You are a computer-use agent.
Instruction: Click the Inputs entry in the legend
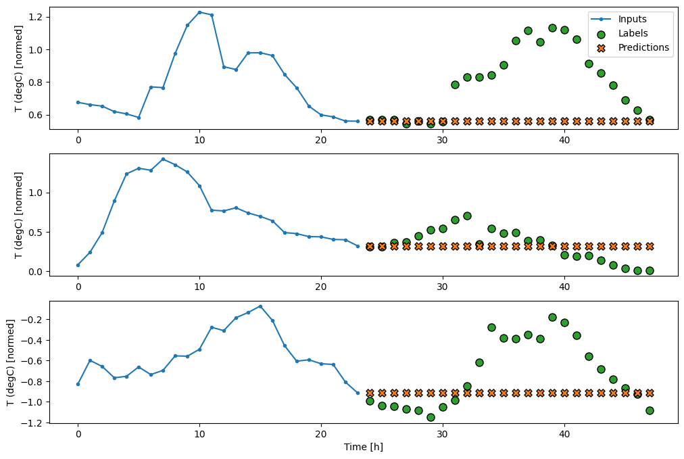point(631,20)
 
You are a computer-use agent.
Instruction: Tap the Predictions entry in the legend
point(643,47)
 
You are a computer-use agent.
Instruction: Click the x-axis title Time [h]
point(363,447)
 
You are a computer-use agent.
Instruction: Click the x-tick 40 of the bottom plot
point(564,435)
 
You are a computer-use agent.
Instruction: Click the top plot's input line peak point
point(199,12)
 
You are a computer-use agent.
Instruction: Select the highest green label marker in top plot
point(552,28)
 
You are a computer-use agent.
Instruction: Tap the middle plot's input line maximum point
point(163,159)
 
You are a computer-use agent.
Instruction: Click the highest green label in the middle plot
point(467,216)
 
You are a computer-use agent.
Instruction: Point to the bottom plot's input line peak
point(260,306)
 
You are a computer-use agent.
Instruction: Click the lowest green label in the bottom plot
point(431,417)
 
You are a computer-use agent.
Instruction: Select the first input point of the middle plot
point(78,265)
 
